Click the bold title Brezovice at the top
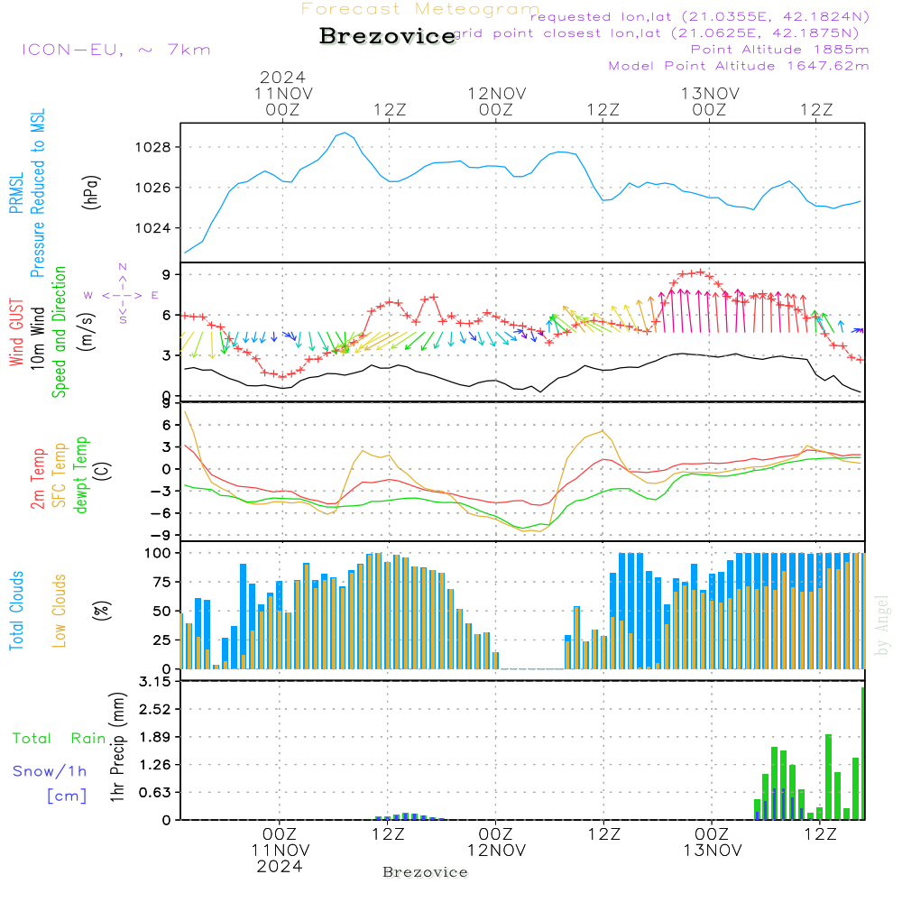click(387, 36)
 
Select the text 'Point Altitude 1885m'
click(779, 50)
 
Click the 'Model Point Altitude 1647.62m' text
click(739, 66)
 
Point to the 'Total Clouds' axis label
click(16, 611)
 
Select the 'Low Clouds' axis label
click(60, 611)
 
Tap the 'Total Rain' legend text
click(59, 739)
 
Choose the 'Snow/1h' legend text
click(50, 771)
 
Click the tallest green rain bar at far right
click(862, 753)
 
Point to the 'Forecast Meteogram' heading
click(420, 9)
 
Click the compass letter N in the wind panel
click(122, 267)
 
